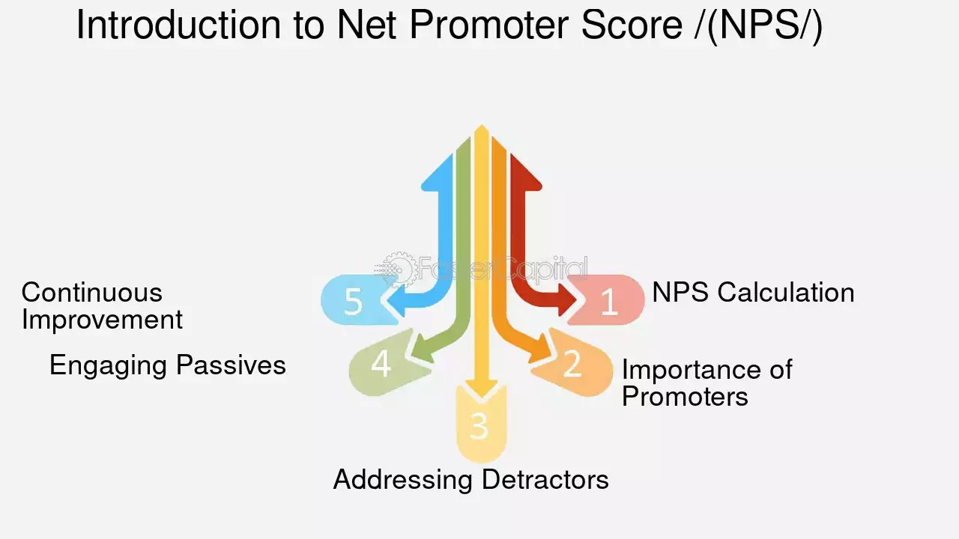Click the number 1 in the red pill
[608, 302]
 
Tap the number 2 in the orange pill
[572, 364]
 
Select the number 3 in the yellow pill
[479, 426]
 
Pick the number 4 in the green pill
[381, 365]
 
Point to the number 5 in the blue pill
[353, 302]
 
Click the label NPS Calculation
[752, 292]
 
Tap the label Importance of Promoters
[706, 383]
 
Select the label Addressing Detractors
[471, 479]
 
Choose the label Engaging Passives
[168, 365]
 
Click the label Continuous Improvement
[101, 305]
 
